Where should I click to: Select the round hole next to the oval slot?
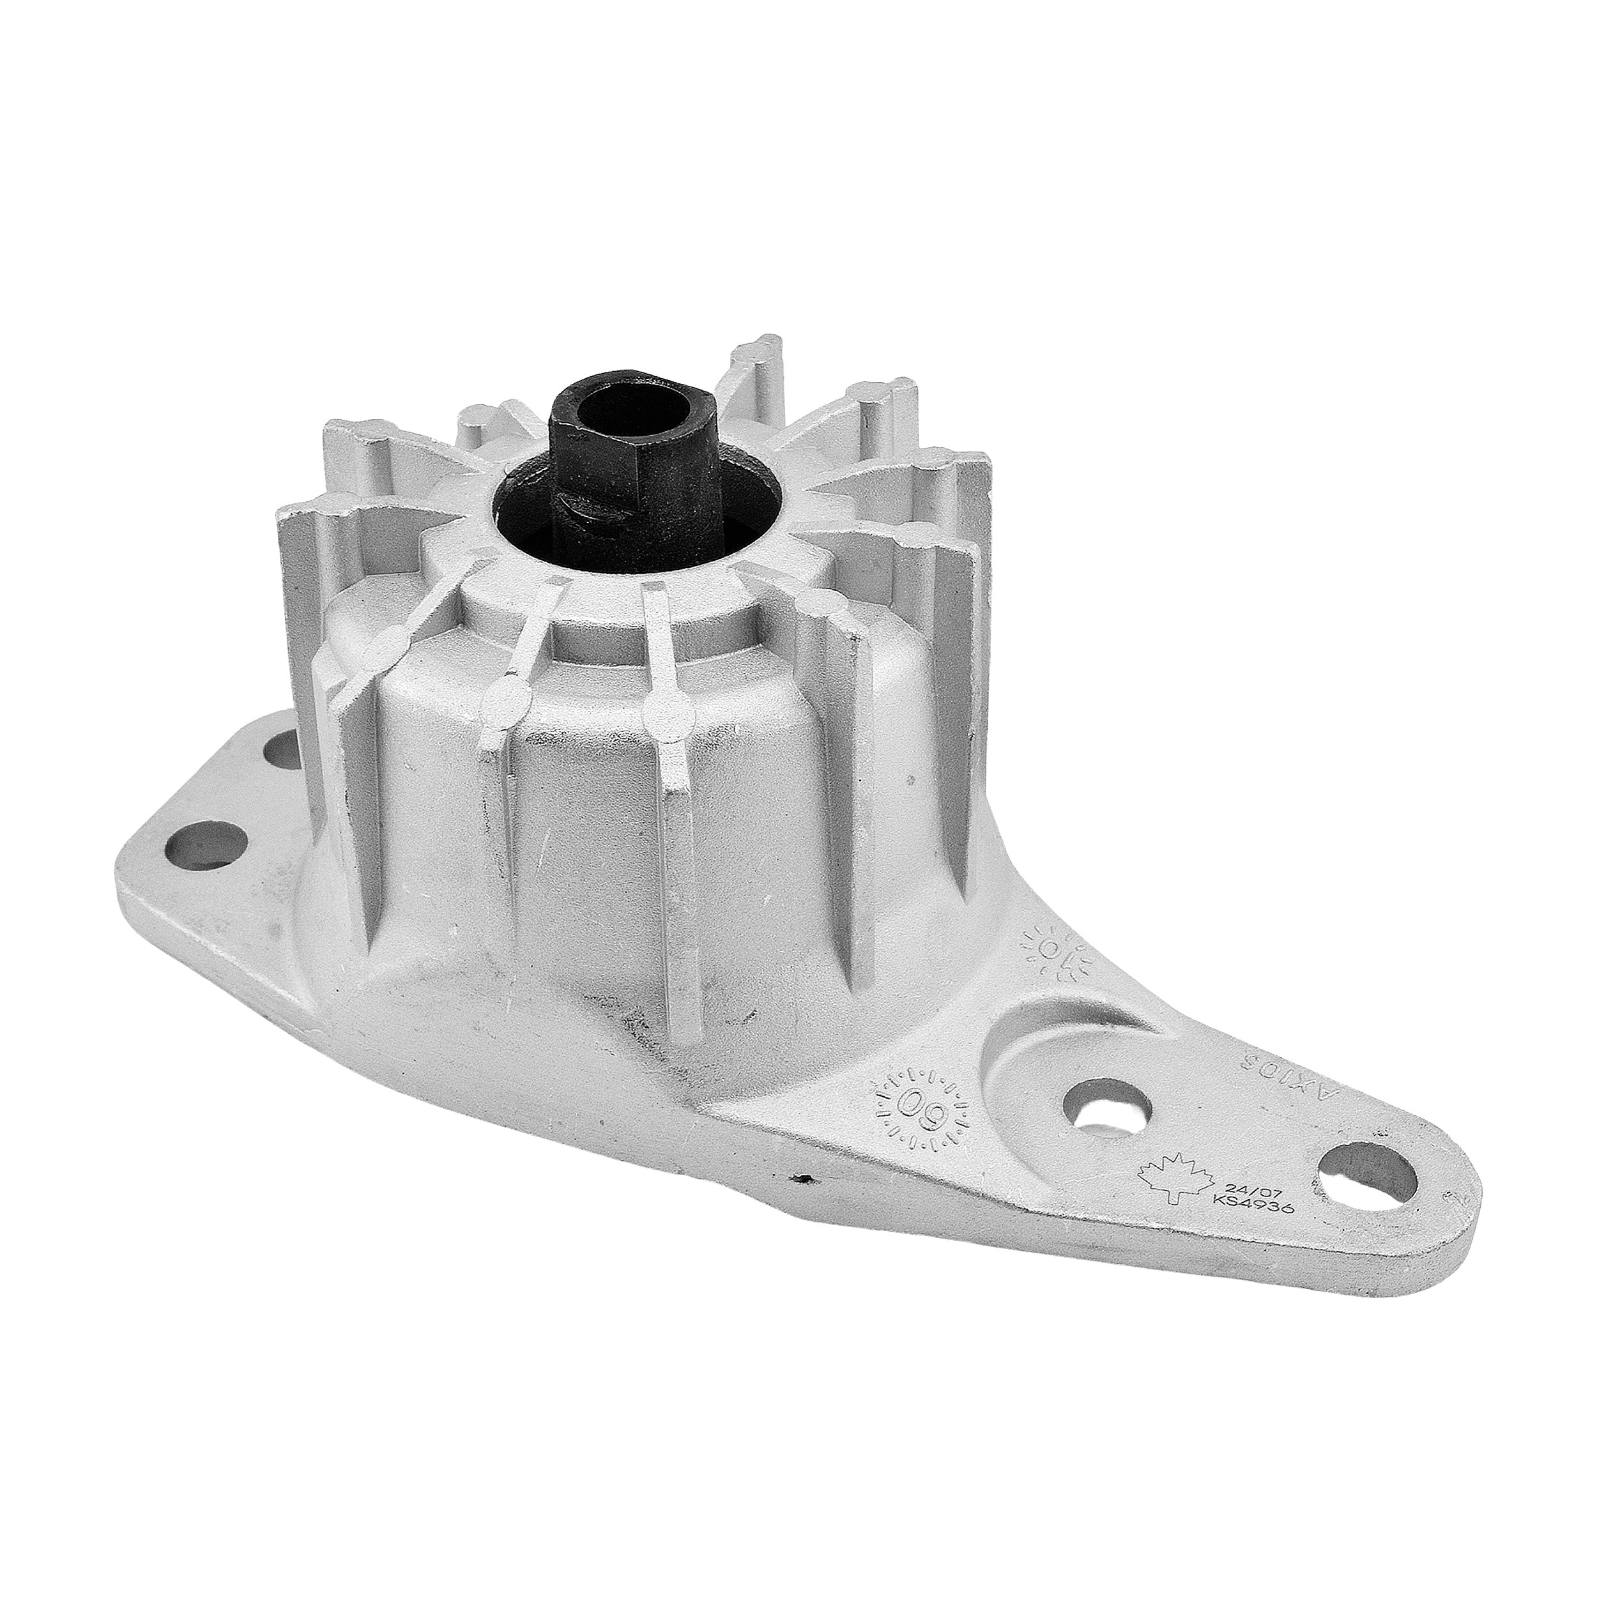(x=1105, y=1107)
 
